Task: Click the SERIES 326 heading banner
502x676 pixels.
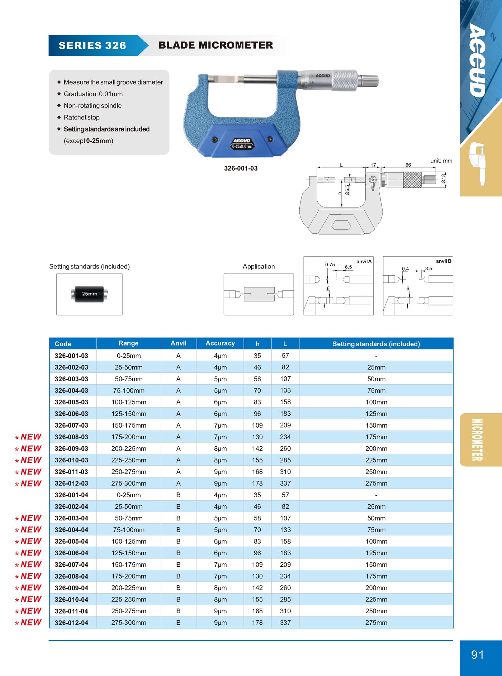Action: click(93, 46)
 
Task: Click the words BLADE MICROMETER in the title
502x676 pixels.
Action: click(216, 45)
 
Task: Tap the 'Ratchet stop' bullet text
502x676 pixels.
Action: click(81, 117)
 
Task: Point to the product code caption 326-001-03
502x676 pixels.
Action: click(241, 168)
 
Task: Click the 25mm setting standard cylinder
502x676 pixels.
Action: click(89, 294)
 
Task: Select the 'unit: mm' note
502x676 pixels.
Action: click(441, 161)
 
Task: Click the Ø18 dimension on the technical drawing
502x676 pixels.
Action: click(444, 178)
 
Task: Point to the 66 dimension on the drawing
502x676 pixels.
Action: click(408, 165)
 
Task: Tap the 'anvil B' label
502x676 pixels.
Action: click(444, 261)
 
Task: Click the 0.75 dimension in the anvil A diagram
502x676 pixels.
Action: click(330, 265)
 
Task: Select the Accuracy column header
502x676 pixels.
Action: click(220, 343)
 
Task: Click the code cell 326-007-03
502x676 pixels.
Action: click(71, 425)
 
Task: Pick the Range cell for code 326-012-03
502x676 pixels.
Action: click(129, 484)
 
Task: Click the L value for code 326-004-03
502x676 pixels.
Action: click(285, 390)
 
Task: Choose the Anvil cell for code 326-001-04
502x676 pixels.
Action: click(178, 495)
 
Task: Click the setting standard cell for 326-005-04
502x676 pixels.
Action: click(376, 541)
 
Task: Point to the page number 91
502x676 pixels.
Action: click(477, 655)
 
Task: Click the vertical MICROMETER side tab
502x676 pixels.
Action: click(477, 439)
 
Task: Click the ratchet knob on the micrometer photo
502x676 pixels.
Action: click(369, 81)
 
